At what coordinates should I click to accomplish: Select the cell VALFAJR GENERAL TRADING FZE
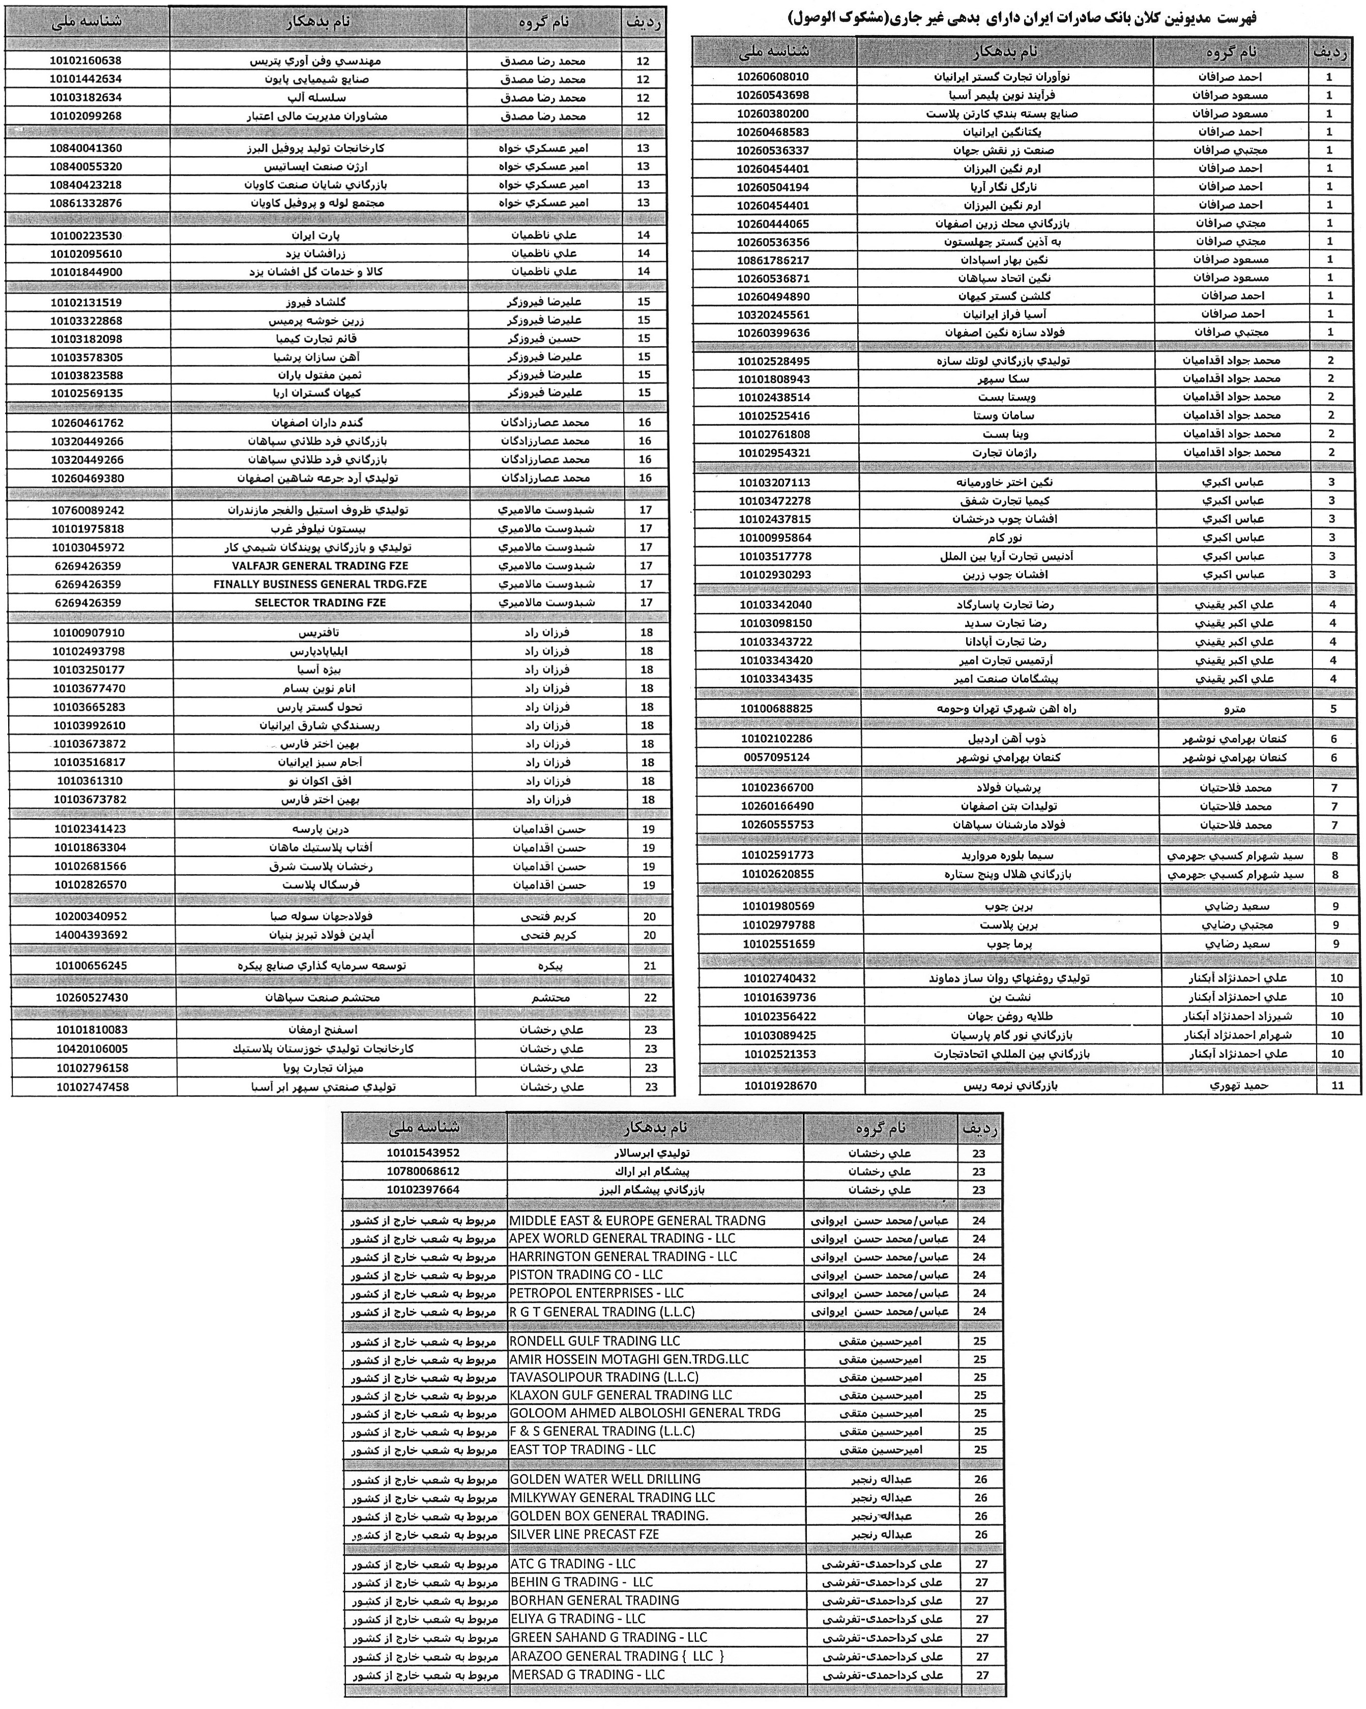tap(320, 566)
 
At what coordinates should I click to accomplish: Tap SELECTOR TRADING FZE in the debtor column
tap(320, 602)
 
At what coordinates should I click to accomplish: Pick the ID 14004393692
tap(91, 935)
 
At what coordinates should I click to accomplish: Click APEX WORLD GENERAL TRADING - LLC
tap(622, 1238)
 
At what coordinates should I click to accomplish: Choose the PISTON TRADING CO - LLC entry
tap(586, 1275)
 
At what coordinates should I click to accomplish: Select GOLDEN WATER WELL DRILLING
tap(605, 1479)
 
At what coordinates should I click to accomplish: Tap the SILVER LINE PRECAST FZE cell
tap(585, 1534)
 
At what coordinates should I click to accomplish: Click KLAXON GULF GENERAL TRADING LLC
tap(620, 1395)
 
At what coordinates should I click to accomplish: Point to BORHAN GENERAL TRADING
tap(595, 1601)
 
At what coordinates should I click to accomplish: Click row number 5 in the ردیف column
tap(1333, 709)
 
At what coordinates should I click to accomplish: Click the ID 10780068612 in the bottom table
tap(423, 1171)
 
